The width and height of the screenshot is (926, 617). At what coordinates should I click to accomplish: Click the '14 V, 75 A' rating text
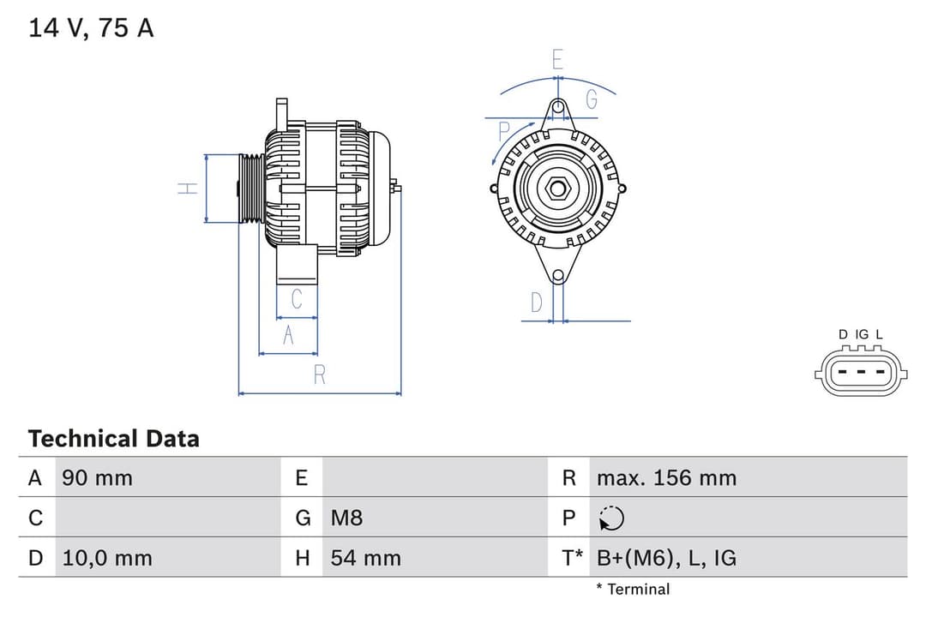91,28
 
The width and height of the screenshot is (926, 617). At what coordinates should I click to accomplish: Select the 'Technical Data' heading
113,439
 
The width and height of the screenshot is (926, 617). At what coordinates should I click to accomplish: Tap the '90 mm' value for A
97,477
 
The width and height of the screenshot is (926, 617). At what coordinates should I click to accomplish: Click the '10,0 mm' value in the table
107,558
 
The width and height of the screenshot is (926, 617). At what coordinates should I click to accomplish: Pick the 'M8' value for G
347,518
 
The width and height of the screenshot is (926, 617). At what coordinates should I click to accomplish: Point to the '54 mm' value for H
366,558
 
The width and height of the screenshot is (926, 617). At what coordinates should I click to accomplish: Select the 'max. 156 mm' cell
666,477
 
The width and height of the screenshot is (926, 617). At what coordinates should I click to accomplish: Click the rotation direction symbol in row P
612,518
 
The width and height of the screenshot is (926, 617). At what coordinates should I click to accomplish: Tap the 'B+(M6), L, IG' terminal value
666,558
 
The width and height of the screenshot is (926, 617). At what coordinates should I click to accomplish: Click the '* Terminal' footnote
633,589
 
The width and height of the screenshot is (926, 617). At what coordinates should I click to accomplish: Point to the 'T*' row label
572,558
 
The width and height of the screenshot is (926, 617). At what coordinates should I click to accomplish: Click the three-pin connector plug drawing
860,373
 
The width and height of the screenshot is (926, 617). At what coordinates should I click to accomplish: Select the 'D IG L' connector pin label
860,334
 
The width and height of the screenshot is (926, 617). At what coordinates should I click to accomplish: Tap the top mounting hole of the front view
558,107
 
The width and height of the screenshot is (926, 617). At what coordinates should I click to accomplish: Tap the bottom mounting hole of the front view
557,275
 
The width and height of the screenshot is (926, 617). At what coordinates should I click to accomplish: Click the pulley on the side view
252,189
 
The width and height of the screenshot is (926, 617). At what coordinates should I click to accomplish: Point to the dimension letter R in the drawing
319,374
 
